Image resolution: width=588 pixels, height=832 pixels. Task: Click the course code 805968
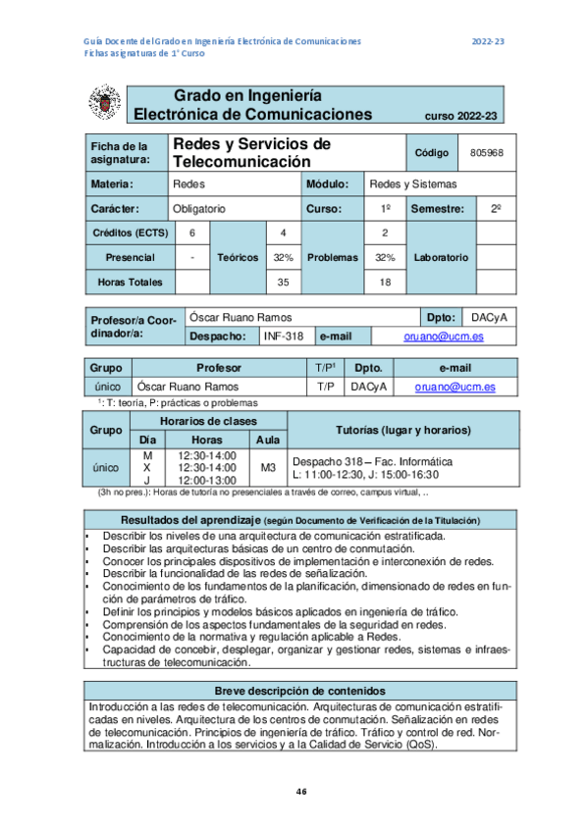(x=487, y=153)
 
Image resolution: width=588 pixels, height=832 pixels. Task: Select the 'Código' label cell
(x=432, y=153)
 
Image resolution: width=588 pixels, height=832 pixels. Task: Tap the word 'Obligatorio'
(x=199, y=209)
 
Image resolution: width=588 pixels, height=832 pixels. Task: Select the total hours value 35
(x=283, y=283)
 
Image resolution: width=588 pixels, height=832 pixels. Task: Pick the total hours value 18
(x=385, y=283)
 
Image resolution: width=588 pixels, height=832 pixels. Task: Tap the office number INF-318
(x=283, y=336)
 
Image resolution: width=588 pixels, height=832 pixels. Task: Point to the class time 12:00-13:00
(x=207, y=480)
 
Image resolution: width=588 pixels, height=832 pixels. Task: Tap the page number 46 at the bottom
(x=301, y=792)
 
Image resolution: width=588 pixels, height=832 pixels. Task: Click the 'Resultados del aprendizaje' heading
(x=186, y=519)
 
